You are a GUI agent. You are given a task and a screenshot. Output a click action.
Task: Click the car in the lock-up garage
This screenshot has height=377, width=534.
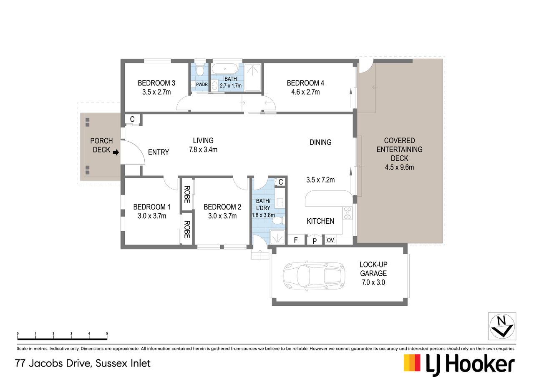(x=314, y=276)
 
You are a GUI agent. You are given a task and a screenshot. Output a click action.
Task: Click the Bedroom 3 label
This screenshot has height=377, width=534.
(x=156, y=83)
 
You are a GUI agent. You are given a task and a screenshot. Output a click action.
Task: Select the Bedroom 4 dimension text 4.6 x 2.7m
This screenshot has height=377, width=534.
(x=305, y=92)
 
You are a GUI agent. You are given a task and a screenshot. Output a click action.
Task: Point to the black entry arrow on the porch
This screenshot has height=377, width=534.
(x=116, y=152)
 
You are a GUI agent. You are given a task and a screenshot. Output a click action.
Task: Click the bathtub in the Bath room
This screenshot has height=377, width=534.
(x=224, y=69)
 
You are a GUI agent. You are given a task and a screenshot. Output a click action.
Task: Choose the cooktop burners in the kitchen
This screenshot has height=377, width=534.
(x=348, y=213)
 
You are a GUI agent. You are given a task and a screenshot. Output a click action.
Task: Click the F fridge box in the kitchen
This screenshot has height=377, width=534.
(x=296, y=240)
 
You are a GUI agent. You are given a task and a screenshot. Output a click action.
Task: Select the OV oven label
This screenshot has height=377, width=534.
(x=330, y=240)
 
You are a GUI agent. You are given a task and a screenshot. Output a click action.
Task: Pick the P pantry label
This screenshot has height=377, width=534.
(x=315, y=241)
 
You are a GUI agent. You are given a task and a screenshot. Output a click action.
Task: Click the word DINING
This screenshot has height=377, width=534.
(x=320, y=142)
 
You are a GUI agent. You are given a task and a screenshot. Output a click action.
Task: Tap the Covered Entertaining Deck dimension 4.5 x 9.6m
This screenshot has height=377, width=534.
(x=399, y=167)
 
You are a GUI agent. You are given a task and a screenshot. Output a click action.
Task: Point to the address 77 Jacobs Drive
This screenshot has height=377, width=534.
(x=53, y=363)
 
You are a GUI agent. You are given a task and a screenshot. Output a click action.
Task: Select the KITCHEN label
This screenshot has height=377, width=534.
(x=320, y=221)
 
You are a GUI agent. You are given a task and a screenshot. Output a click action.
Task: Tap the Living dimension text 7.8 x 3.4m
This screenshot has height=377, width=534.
(x=203, y=150)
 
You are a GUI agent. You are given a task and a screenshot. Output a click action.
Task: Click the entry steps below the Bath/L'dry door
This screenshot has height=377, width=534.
(x=260, y=254)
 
